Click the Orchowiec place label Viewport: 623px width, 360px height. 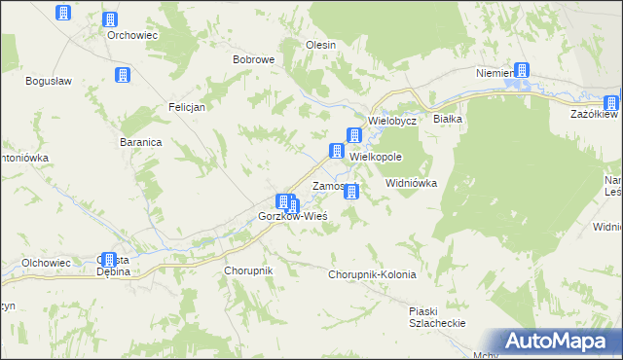[x=132, y=35]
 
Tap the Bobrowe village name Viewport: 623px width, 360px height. [x=253, y=59]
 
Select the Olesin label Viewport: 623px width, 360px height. [x=321, y=45]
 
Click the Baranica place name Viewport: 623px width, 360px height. [x=141, y=141]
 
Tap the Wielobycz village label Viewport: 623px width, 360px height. [x=392, y=122]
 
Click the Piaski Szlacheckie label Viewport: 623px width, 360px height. [x=437, y=316]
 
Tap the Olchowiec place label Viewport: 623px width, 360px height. [x=46, y=263]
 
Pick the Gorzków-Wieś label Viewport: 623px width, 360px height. [x=292, y=215]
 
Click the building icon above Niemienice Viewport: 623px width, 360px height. [x=523, y=70]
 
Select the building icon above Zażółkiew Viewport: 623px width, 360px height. [x=610, y=102]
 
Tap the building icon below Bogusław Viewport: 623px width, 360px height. [x=123, y=76]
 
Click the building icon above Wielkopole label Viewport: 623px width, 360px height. [x=356, y=137]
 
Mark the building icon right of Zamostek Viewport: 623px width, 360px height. [x=351, y=192]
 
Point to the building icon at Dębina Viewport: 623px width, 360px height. [x=107, y=261]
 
